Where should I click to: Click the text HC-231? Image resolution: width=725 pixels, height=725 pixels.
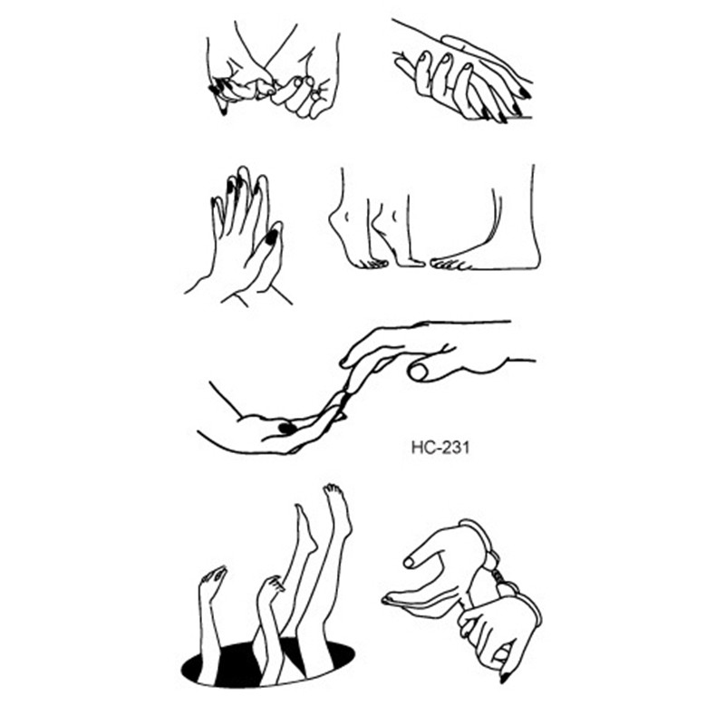tap(440, 448)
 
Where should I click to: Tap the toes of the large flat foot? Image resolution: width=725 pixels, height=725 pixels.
tap(446, 264)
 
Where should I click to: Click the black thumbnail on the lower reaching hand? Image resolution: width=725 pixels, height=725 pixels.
tap(286, 428)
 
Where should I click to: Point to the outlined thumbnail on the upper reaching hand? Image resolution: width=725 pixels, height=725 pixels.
tap(419, 372)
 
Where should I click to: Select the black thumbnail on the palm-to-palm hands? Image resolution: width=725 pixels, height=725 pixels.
tap(272, 237)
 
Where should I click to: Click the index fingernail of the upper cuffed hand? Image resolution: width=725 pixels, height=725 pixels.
tap(409, 562)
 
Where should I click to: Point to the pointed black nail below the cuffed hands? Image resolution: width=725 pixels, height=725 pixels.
tap(504, 677)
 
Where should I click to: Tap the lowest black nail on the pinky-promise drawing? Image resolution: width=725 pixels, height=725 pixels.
tap(223, 111)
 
